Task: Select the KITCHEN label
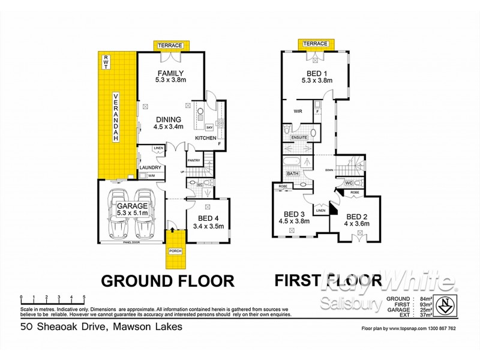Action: [206, 139]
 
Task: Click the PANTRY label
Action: [193, 160]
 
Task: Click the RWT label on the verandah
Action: [106, 61]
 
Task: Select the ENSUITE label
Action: [299, 137]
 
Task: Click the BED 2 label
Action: [356, 220]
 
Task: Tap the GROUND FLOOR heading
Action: [166, 280]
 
